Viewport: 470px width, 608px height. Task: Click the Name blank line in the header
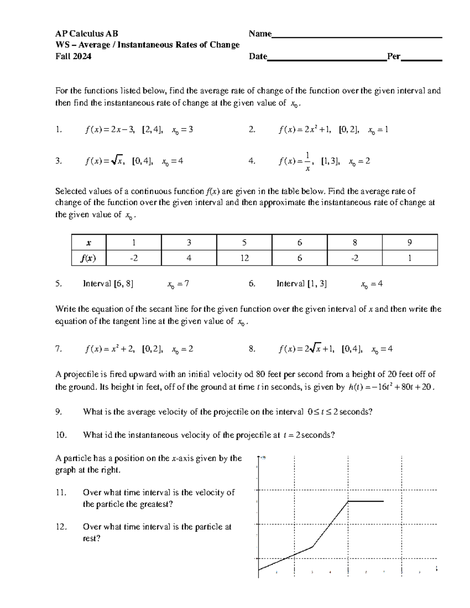(x=356, y=36)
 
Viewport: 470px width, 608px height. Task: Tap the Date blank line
(x=327, y=60)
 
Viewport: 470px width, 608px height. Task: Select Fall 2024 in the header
(x=73, y=56)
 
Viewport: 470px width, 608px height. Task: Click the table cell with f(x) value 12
(x=244, y=258)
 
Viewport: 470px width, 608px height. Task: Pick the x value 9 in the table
(x=409, y=243)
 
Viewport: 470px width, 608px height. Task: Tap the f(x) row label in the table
(x=89, y=258)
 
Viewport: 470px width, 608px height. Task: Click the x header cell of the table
(x=89, y=243)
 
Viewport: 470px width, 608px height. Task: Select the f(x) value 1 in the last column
(x=409, y=258)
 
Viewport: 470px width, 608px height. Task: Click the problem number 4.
(x=252, y=161)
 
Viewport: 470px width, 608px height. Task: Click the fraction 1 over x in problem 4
(x=307, y=161)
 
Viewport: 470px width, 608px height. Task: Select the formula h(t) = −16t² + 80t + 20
(x=391, y=387)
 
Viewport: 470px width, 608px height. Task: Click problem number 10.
(x=61, y=435)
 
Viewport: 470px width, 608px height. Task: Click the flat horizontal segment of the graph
(x=365, y=501)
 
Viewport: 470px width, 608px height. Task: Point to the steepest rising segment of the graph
(x=330, y=524)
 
